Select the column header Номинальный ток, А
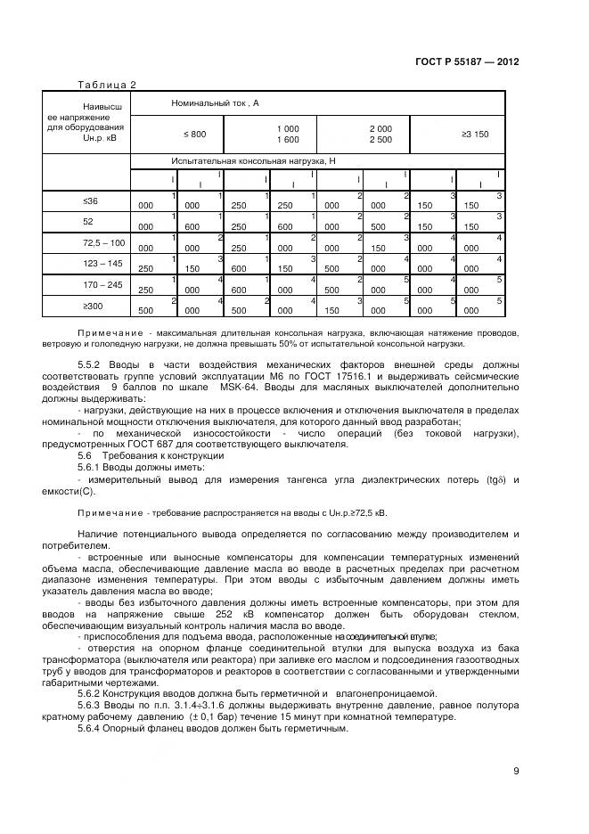tap(214, 104)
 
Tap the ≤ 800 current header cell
tap(194, 134)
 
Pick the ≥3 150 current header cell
tap(474, 134)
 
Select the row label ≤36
tap(89, 201)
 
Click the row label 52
tap(88, 222)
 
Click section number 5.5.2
tap(94, 364)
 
